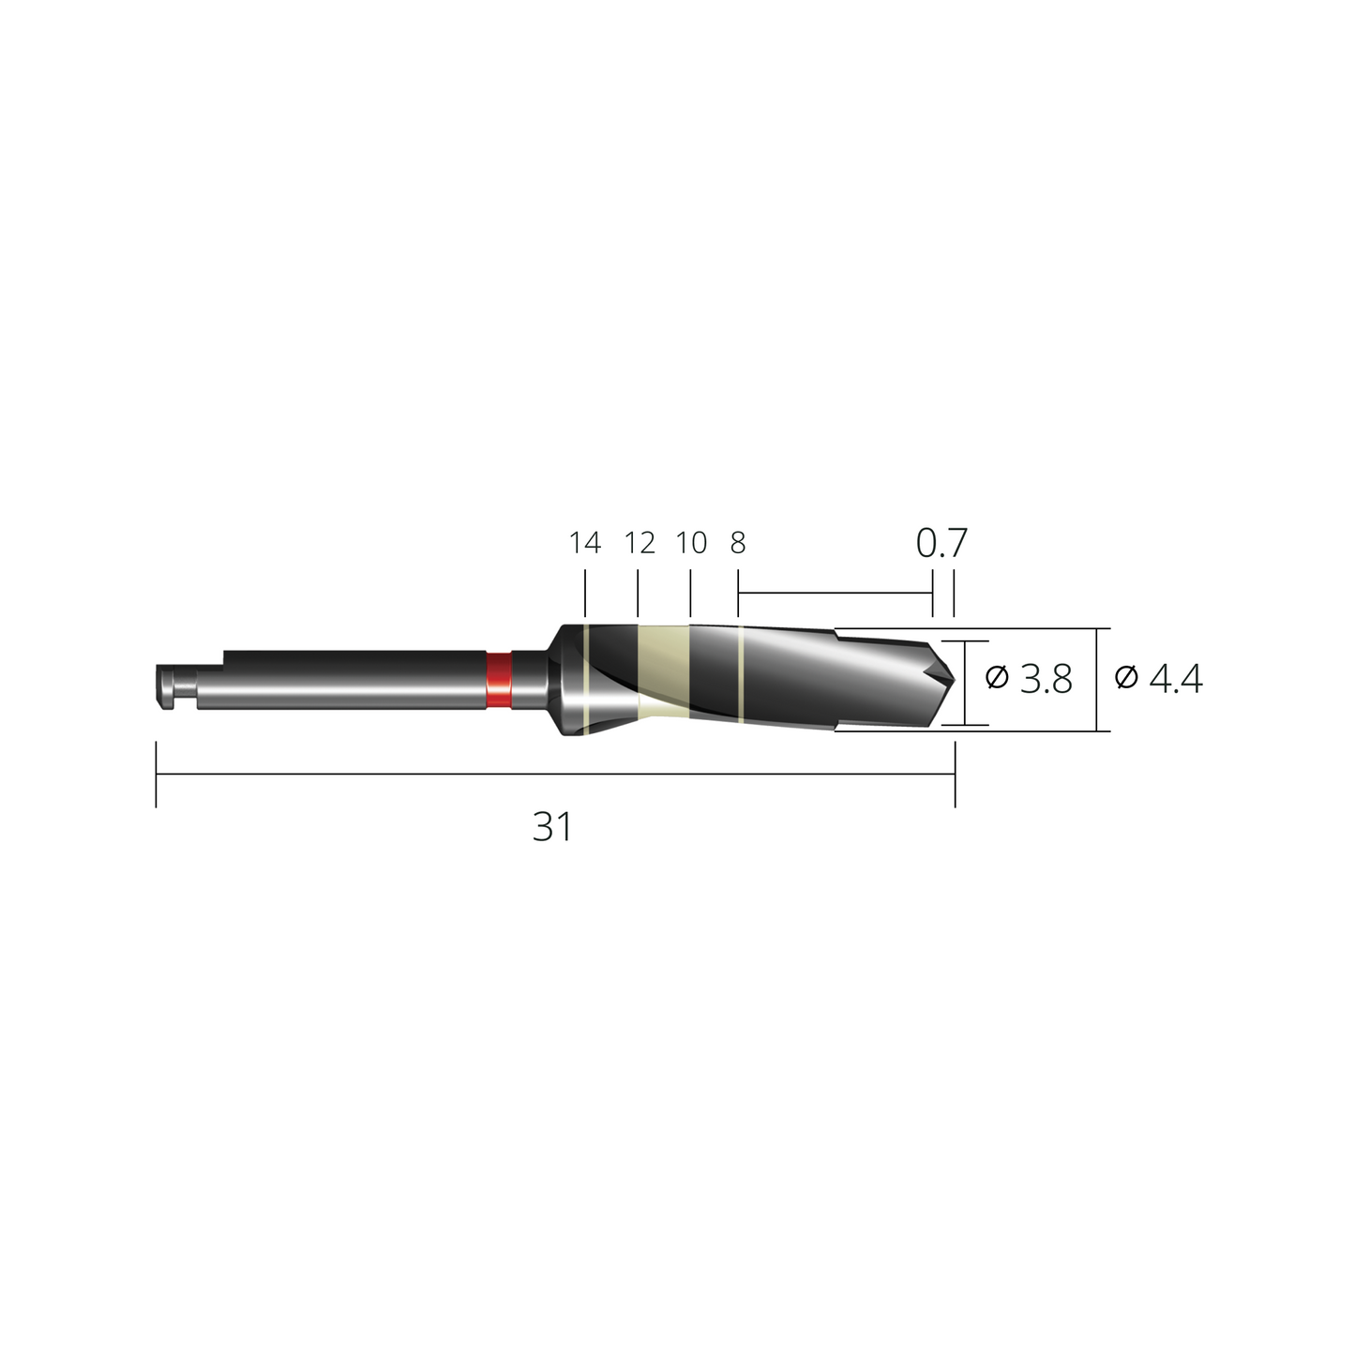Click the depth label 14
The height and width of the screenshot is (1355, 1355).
pos(585,543)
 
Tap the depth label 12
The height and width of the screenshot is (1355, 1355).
pos(640,543)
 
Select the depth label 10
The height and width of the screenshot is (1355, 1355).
pos(691,543)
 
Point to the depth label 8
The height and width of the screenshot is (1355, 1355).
pos(738,543)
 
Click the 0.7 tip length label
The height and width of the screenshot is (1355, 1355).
pos(941,543)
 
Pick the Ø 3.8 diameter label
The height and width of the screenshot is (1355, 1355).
pos(1029,679)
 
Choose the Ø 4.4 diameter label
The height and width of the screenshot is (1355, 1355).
pos(1158,679)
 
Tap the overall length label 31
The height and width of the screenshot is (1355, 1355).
pos(552,827)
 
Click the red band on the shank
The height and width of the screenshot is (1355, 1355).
pos(499,680)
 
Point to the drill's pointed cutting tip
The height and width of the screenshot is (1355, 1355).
pos(954,679)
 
